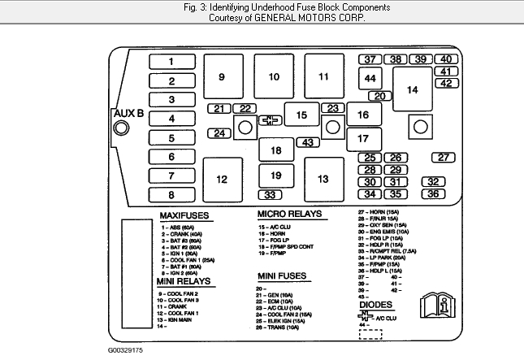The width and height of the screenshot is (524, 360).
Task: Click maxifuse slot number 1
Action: pos(171,62)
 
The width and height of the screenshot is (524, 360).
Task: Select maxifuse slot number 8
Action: pos(171,195)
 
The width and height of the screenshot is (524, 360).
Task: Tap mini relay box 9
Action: pos(221,76)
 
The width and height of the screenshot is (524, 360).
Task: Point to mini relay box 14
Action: pos(413,89)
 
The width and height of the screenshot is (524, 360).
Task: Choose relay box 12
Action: pos(221,179)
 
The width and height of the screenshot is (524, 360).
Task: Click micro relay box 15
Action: pos(301,115)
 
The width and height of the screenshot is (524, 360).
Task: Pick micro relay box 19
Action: pos(276,176)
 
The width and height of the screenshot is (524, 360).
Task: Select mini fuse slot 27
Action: pos(443,158)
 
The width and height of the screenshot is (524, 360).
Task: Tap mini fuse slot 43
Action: pos(308,143)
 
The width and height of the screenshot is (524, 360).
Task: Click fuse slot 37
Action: pos(370,59)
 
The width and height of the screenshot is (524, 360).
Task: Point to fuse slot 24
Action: pos(219,133)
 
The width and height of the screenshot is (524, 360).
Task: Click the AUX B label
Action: pos(128,113)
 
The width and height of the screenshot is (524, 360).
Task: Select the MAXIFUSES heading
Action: pos(184,215)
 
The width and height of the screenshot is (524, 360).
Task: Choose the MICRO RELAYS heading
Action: pos(290,214)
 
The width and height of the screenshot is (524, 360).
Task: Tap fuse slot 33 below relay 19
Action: pos(271,195)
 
